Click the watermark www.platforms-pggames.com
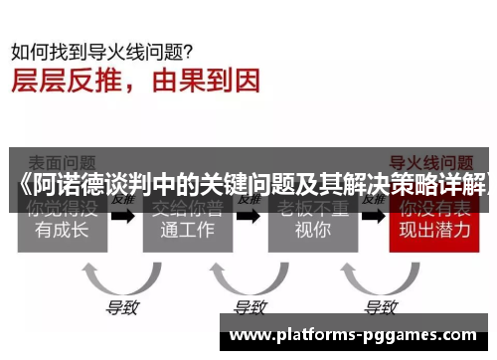pyautogui.click(x=359, y=335)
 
